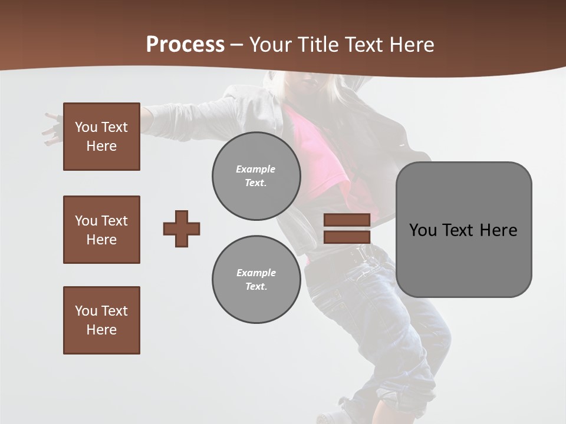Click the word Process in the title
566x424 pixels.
coord(185,45)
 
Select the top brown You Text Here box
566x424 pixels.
coord(101,137)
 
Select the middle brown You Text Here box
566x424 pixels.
coord(101,230)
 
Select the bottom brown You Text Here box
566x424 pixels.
coord(101,320)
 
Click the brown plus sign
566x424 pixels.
coord(182,228)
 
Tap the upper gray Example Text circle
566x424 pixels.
coord(256,176)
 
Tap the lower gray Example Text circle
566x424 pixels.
coord(256,280)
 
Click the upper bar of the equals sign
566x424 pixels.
coord(347,220)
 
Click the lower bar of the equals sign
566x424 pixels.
coord(347,237)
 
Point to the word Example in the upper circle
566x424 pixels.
coord(255,169)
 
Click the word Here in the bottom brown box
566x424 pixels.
coord(101,330)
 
